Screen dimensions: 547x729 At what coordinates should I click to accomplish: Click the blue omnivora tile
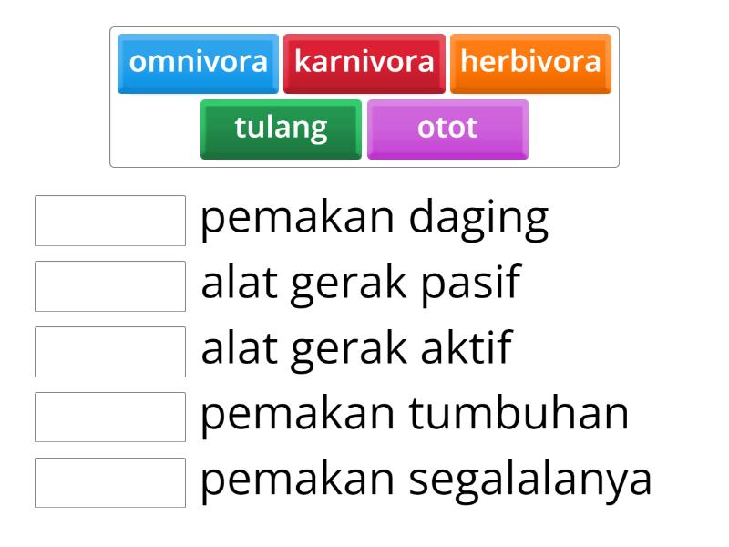198,63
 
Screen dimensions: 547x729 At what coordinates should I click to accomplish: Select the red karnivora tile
364,63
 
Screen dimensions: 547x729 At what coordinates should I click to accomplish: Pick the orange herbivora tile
530,63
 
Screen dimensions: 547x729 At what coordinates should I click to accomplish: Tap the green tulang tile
281,128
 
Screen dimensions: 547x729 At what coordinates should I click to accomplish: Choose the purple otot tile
447,128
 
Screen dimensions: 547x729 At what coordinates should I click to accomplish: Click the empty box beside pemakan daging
110,220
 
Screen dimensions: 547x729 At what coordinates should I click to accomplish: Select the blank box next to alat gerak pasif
110,285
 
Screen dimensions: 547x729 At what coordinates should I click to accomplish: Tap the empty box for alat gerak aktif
110,351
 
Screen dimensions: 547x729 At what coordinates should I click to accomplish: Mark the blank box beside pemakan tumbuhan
110,417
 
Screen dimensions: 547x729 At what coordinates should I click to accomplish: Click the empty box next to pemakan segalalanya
110,482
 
